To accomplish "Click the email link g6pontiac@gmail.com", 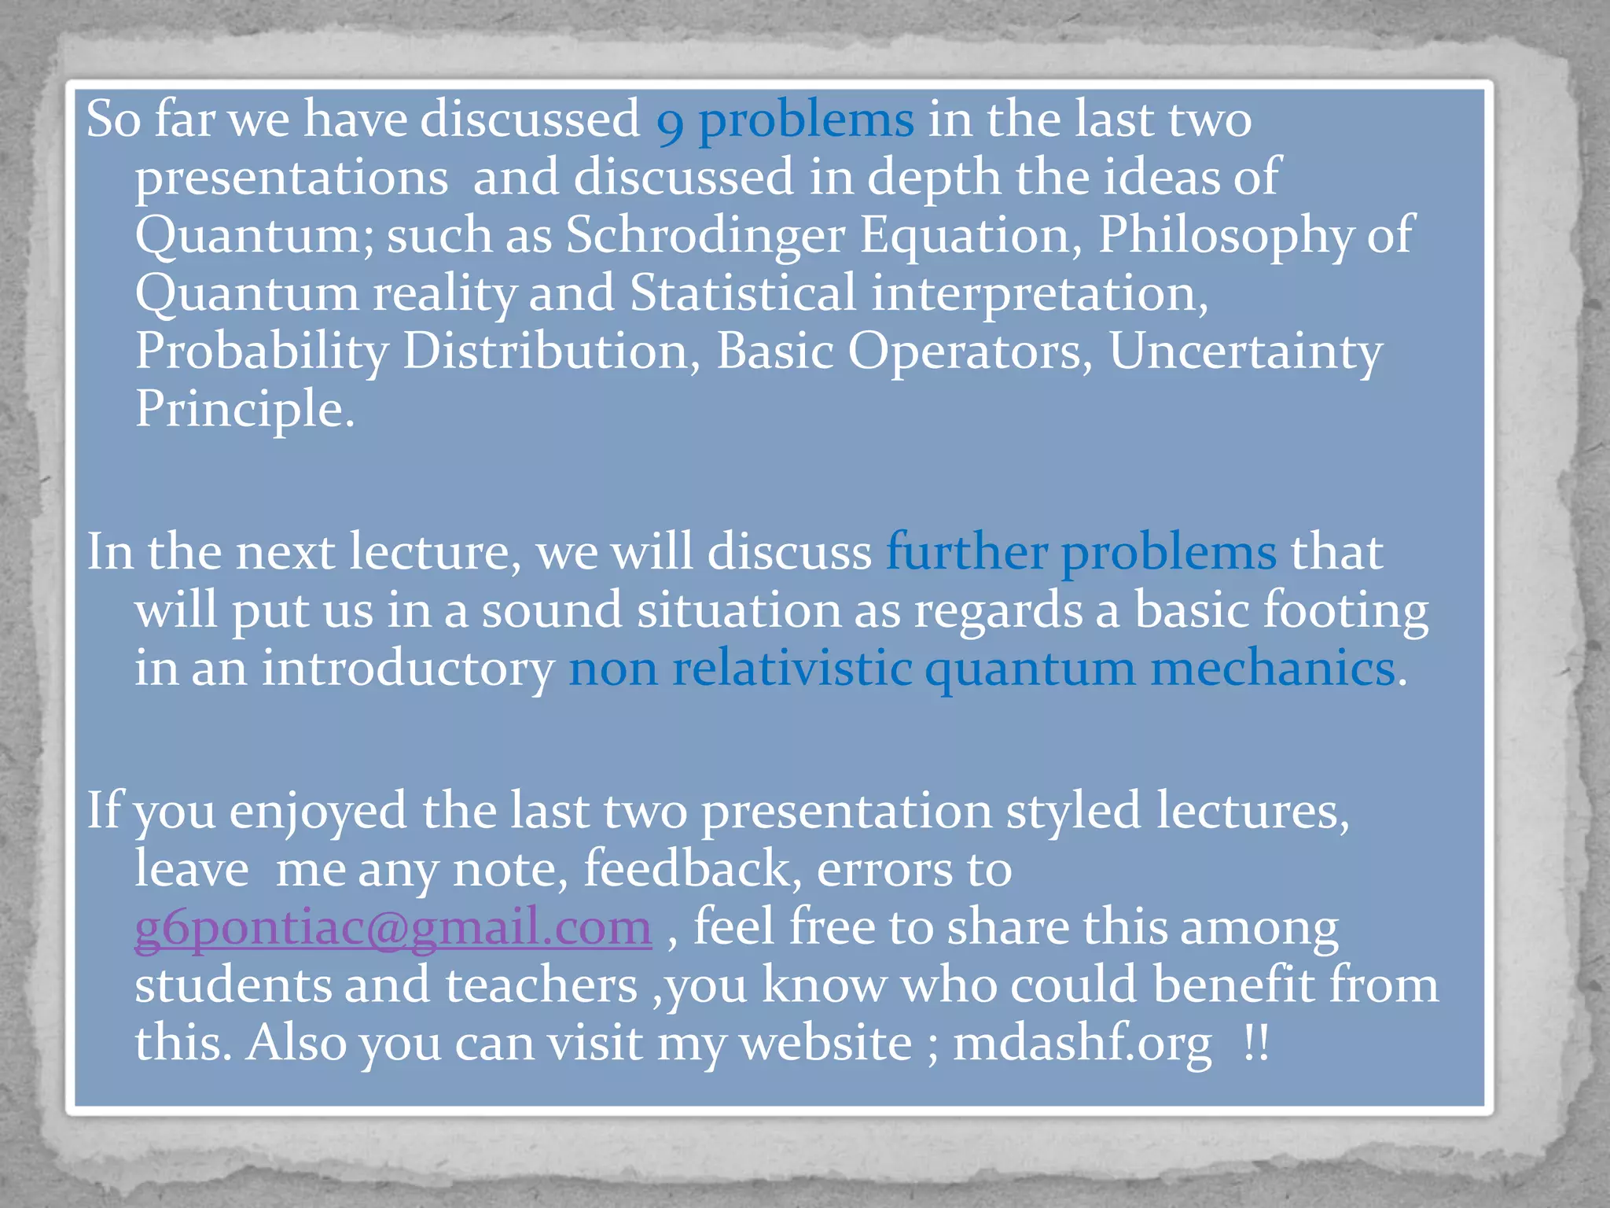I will click(x=393, y=928).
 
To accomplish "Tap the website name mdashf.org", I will click(x=1083, y=1044).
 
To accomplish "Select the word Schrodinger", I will click(x=705, y=235).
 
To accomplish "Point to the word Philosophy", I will click(x=1225, y=235).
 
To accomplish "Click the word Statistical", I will click(x=743, y=293).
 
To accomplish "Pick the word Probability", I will click(x=262, y=352).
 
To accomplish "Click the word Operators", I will click(x=970, y=352).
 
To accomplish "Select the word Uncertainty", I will click(x=1245, y=352).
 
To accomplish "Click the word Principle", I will click(x=244, y=409).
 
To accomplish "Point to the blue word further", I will click(x=966, y=552).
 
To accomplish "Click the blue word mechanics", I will click(x=1273, y=668).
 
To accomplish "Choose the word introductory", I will click(x=408, y=669).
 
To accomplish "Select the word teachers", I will click(x=542, y=985).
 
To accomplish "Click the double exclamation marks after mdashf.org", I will click(x=1256, y=1044).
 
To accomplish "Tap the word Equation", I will click(x=971, y=235).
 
